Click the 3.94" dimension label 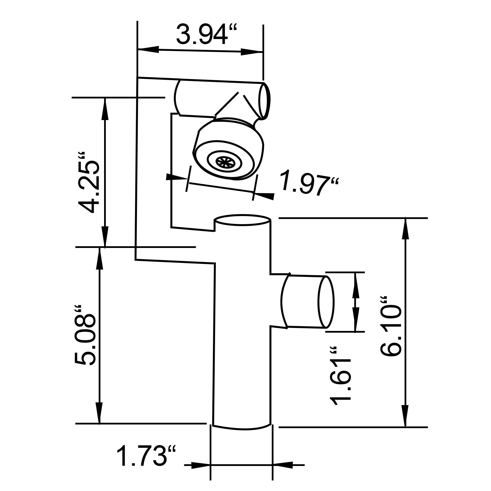pyautogui.click(x=206, y=34)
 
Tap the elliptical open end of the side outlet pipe pyautogui.click(x=326, y=302)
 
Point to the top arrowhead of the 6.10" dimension pyautogui.click(x=405, y=229)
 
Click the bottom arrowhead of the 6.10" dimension pyautogui.click(x=405, y=417)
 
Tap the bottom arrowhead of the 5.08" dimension pyautogui.click(x=99, y=414)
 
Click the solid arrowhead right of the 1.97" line pyautogui.click(x=264, y=196)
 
